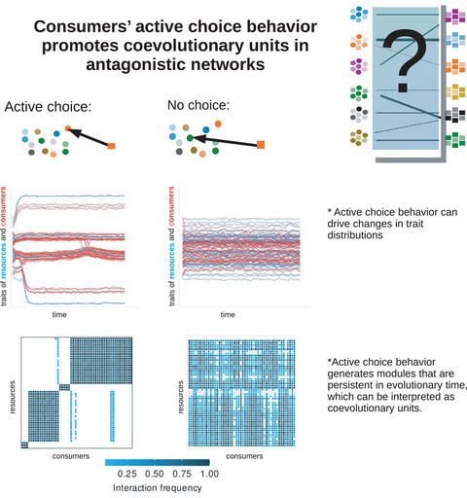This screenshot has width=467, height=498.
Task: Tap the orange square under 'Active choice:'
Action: [x=114, y=146]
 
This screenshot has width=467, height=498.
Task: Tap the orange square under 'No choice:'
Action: [x=261, y=146]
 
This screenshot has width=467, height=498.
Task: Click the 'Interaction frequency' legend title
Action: [x=157, y=489]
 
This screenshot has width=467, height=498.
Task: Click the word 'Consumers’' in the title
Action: [x=82, y=26]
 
